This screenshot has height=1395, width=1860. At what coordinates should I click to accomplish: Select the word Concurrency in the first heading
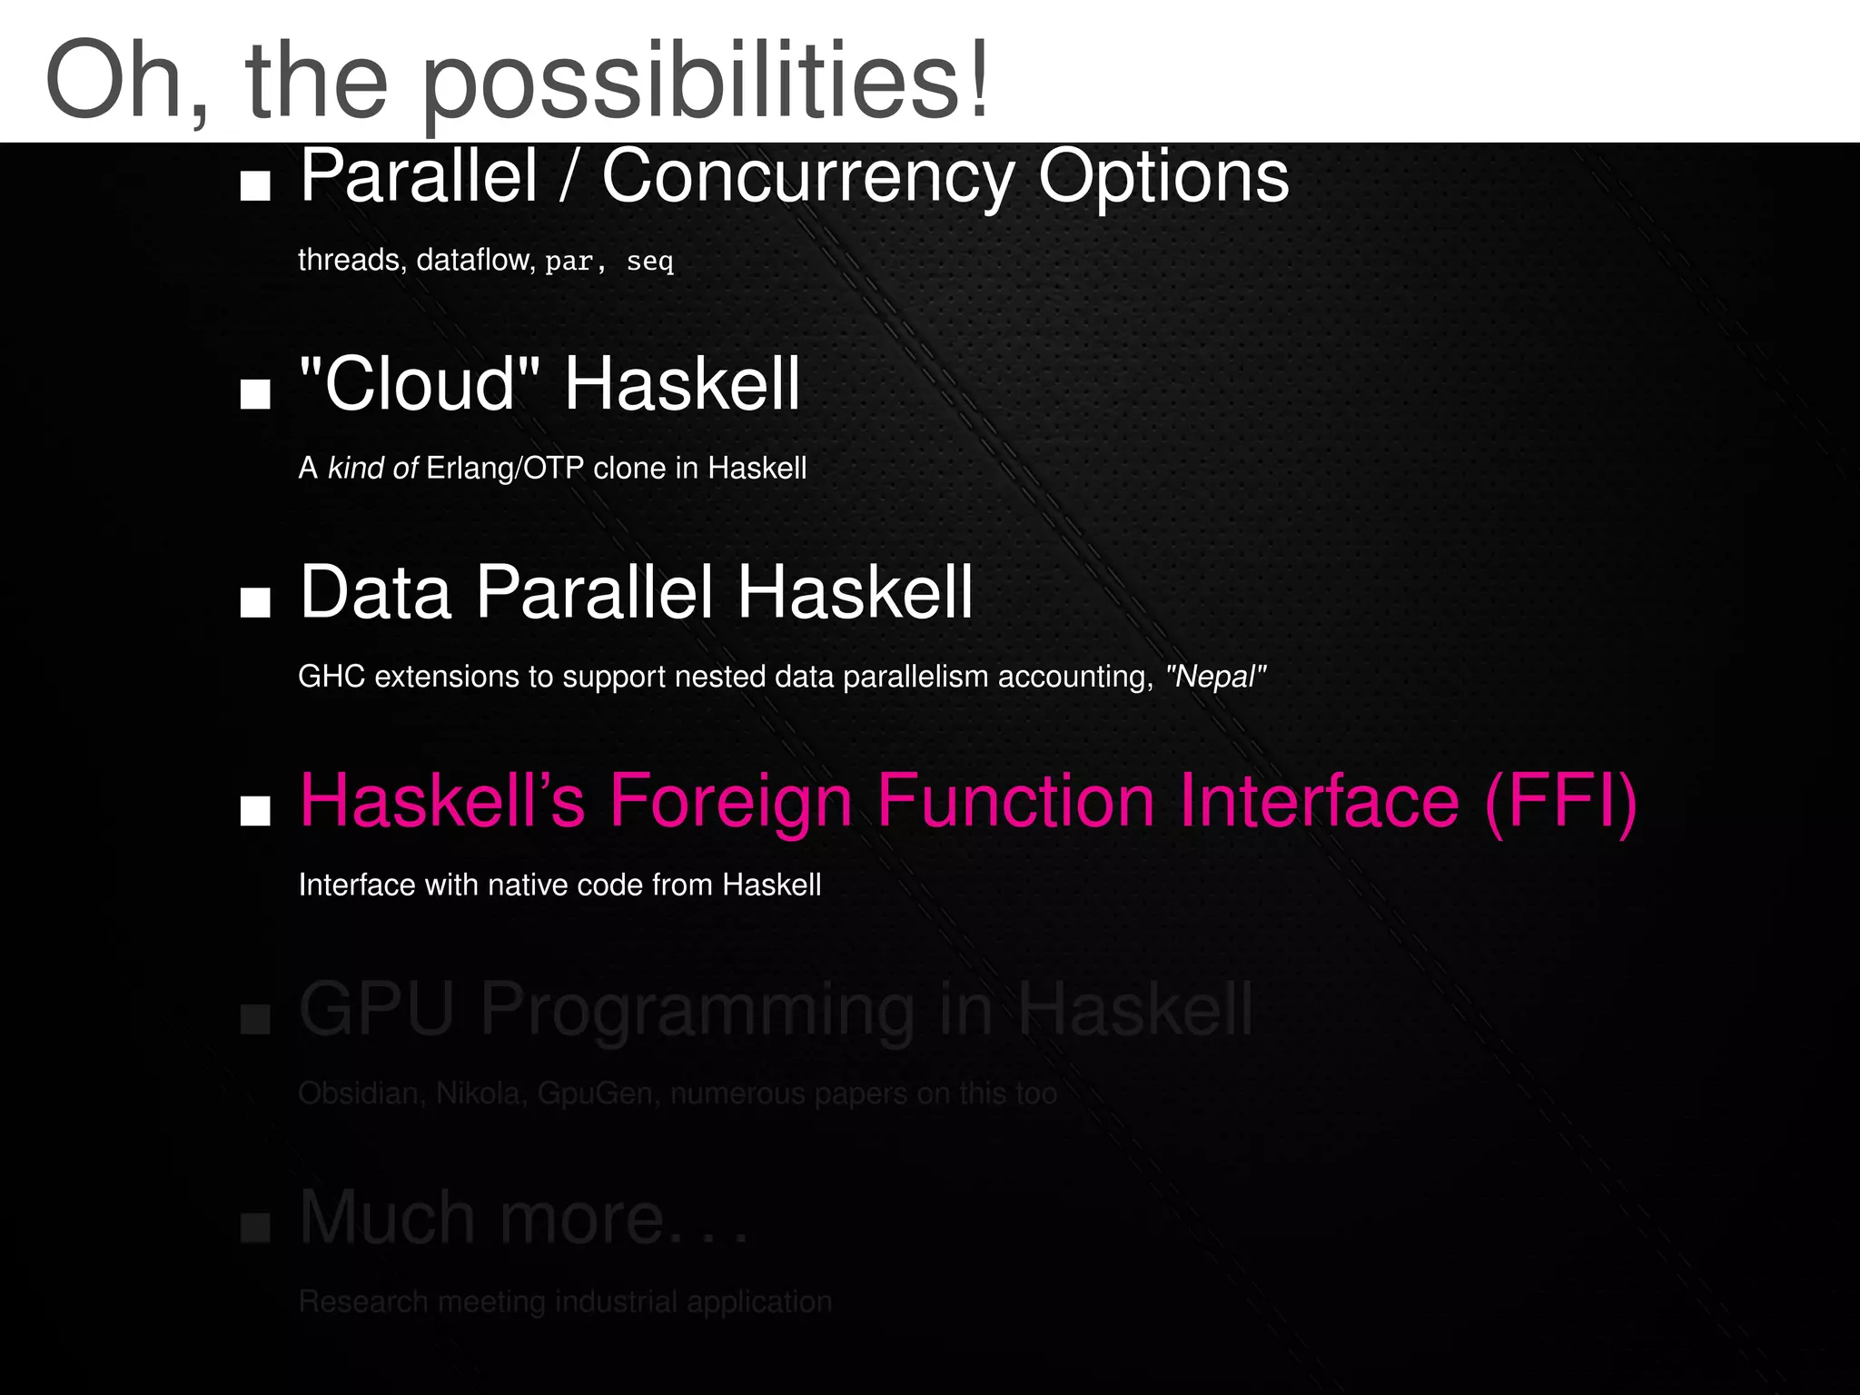(x=807, y=177)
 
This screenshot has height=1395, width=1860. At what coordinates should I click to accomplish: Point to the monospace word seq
(x=649, y=262)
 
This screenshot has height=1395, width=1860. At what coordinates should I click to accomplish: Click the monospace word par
(x=569, y=262)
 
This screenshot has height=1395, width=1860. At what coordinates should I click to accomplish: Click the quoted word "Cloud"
(x=420, y=384)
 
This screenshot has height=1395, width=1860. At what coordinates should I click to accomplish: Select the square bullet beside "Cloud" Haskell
(x=255, y=394)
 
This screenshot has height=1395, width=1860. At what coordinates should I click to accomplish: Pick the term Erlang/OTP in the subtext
(x=505, y=468)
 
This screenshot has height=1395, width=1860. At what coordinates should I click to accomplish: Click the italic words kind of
(x=372, y=468)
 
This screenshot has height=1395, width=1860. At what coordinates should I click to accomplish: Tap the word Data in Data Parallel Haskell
(x=376, y=592)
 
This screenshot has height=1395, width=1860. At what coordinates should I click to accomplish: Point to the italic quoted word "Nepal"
(x=1215, y=677)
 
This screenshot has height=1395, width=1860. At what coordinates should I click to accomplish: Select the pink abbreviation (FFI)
(x=1560, y=801)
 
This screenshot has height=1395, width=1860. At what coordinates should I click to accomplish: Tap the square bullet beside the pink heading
(x=255, y=810)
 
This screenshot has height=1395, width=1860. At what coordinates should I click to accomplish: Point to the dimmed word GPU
(x=376, y=1009)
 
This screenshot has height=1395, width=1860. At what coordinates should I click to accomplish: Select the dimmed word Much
(x=388, y=1217)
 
